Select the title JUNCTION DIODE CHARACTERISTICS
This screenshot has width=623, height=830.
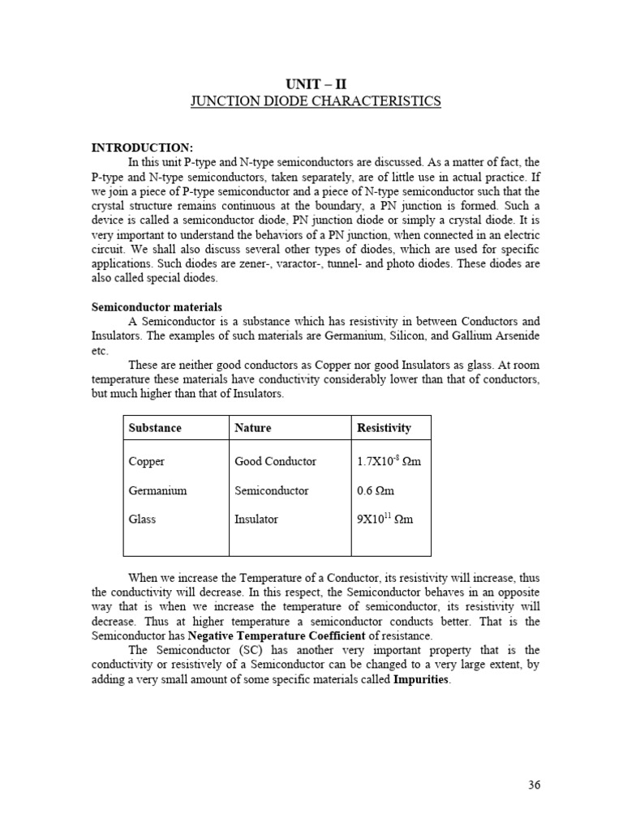315,101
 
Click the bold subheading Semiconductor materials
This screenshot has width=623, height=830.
156,308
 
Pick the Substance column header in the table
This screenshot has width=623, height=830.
155,427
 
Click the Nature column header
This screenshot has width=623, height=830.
252,427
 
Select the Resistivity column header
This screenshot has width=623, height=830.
384,427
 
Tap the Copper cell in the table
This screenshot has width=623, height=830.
146,461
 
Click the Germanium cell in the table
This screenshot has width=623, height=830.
157,490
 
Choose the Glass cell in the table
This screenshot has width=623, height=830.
142,519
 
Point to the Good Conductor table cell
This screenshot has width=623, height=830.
275,461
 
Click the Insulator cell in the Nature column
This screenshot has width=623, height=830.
256,519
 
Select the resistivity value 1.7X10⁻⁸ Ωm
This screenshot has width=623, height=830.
389,461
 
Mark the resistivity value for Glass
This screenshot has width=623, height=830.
385,519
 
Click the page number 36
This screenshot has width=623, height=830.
533,785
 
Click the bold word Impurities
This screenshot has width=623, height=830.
420,679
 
